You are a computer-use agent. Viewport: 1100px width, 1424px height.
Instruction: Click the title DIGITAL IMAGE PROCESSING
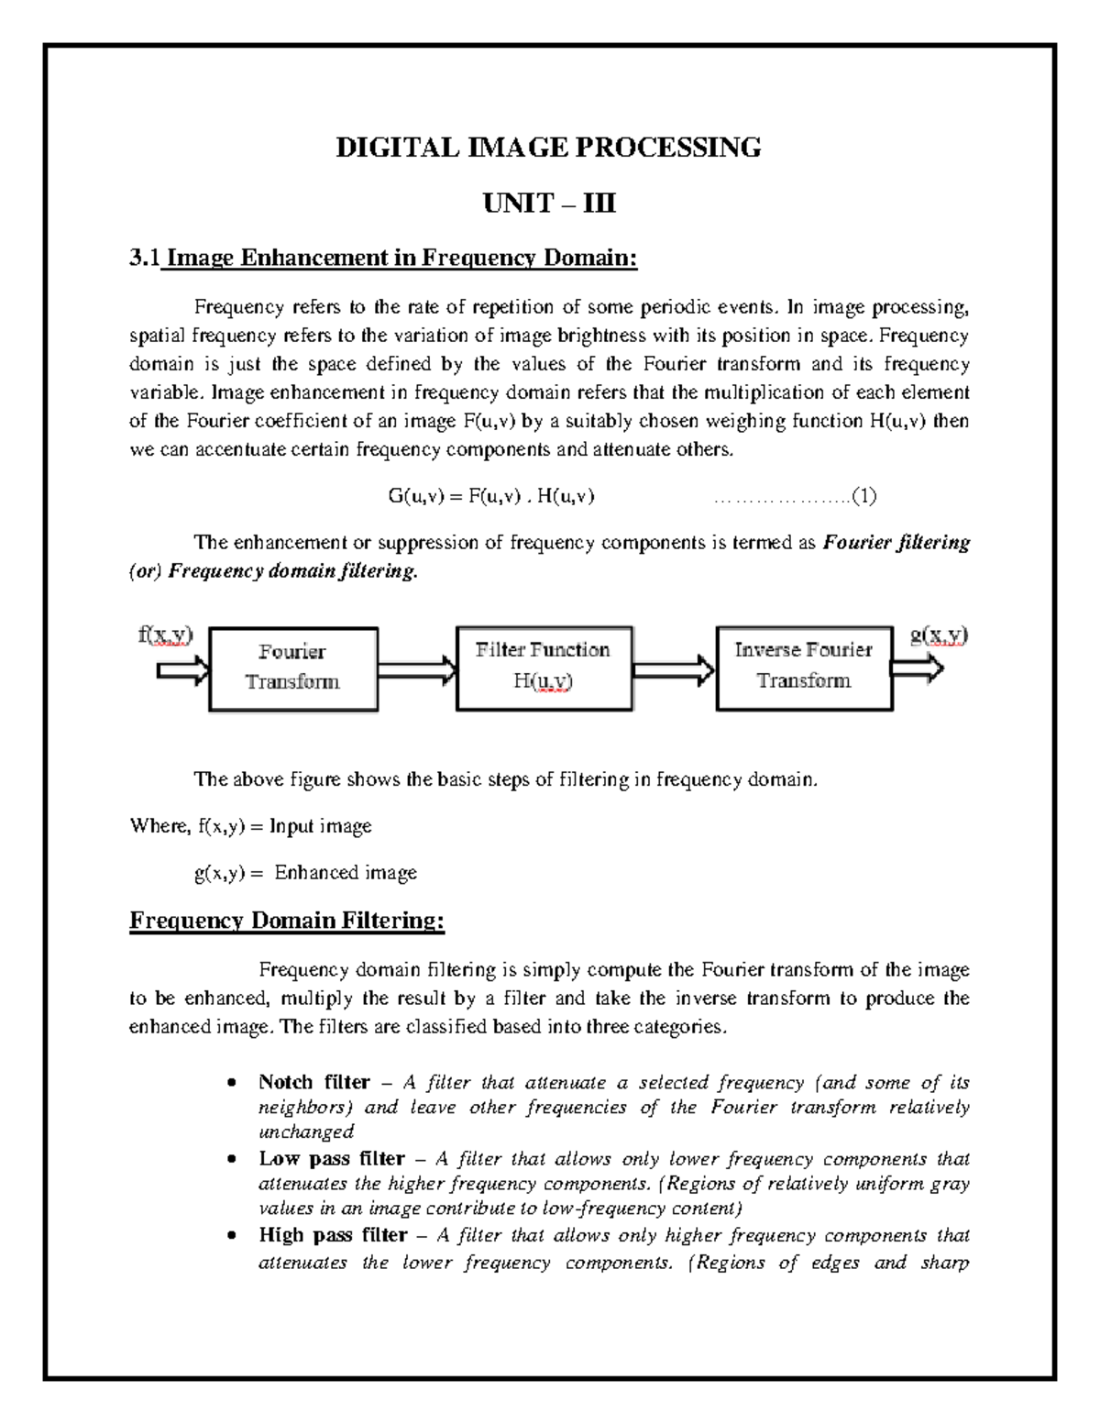click(x=548, y=147)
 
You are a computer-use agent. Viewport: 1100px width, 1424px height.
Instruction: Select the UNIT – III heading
click(x=549, y=203)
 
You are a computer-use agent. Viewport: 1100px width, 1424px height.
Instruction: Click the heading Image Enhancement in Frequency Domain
click(x=401, y=259)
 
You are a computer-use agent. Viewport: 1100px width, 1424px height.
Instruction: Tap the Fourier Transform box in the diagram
click(x=293, y=668)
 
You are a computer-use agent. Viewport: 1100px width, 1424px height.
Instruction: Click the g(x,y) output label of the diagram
click(x=939, y=635)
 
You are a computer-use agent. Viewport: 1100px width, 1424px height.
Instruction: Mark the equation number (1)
click(x=863, y=497)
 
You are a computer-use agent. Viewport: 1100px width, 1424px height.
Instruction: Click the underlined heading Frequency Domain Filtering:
click(x=287, y=921)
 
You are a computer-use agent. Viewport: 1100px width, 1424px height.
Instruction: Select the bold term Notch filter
click(x=314, y=1083)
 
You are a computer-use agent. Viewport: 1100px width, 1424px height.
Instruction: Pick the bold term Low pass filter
click(x=332, y=1159)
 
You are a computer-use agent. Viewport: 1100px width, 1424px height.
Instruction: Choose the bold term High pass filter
click(x=333, y=1235)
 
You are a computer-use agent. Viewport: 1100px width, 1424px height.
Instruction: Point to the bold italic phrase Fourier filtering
click(x=896, y=543)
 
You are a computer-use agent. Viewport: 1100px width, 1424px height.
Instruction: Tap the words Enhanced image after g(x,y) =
click(x=346, y=873)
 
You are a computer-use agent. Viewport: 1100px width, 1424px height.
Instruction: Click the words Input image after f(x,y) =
click(x=321, y=826)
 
